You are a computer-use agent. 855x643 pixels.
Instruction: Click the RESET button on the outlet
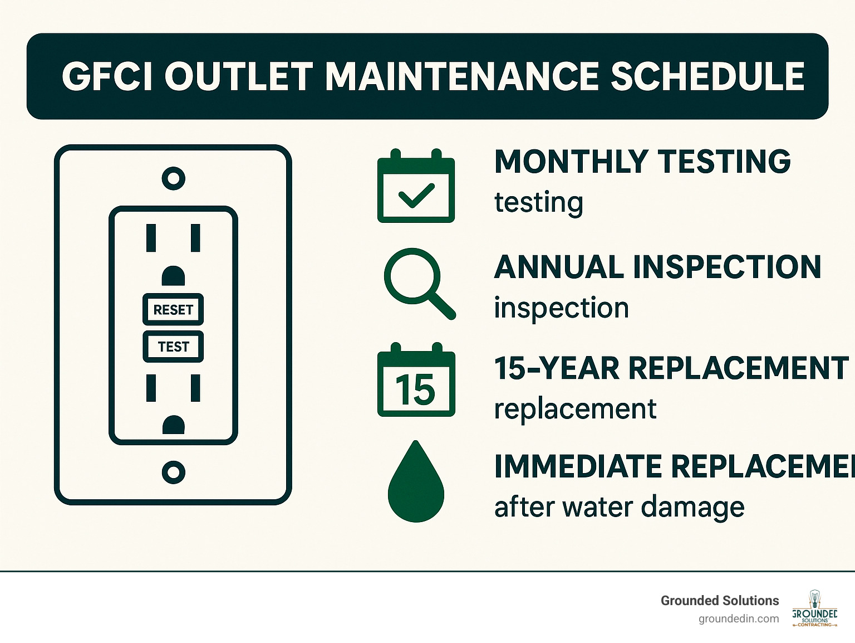pos(173,310)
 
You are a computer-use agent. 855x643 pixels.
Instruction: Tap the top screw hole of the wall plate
pos(173,178)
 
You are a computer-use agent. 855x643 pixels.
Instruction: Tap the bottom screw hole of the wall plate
pos(173,472)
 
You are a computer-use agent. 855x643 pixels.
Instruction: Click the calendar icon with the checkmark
pos(416,187)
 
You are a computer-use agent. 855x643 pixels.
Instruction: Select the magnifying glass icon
pos(419,282)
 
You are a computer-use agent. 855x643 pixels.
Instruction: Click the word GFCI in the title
pos(108,76)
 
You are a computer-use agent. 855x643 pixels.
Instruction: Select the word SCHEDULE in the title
pos(707,76)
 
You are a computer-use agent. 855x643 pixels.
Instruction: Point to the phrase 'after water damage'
pos(619,507)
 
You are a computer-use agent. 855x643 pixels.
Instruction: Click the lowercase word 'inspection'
pos(561,308)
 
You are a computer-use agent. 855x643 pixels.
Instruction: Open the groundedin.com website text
pos(739,618)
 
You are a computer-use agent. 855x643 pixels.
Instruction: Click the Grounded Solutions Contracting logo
pos(814,609)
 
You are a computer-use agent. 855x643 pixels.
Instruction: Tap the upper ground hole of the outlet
pos(173,276)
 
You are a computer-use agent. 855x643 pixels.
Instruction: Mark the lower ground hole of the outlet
pos(173,425)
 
